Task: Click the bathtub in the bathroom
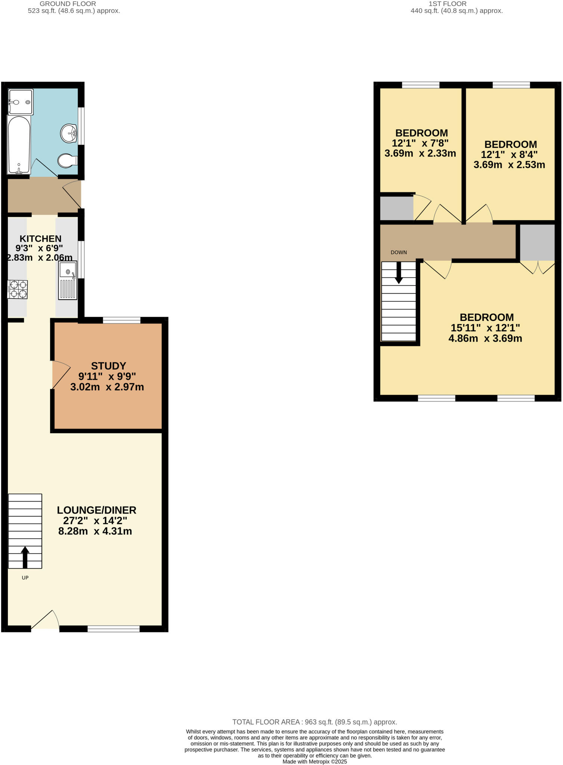click(x=19, y=145)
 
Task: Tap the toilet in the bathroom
click(x=66, y=161)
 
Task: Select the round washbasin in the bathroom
click(x=69, y=133)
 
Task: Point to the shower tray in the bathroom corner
click(x=21, y=102)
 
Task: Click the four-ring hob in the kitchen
click(x=18, y=289)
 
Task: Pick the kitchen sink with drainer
click(x=68, y=280)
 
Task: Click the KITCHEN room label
click(x=40, y=239)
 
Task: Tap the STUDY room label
click(x=108, y=366)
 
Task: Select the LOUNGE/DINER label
click(x=96, y=510)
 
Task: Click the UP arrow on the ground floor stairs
click(x=25, y=557)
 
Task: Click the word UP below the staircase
click(x=25, y=578)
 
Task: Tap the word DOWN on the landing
click(x=399, y=253)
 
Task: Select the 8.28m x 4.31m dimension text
click(x=95, y=531)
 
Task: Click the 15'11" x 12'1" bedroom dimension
click(x=485, y=328)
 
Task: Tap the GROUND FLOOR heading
click(x=68, y=4)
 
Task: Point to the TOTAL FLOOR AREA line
click(x=315, y=722)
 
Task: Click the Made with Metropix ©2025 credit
click(x=315, y=762)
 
